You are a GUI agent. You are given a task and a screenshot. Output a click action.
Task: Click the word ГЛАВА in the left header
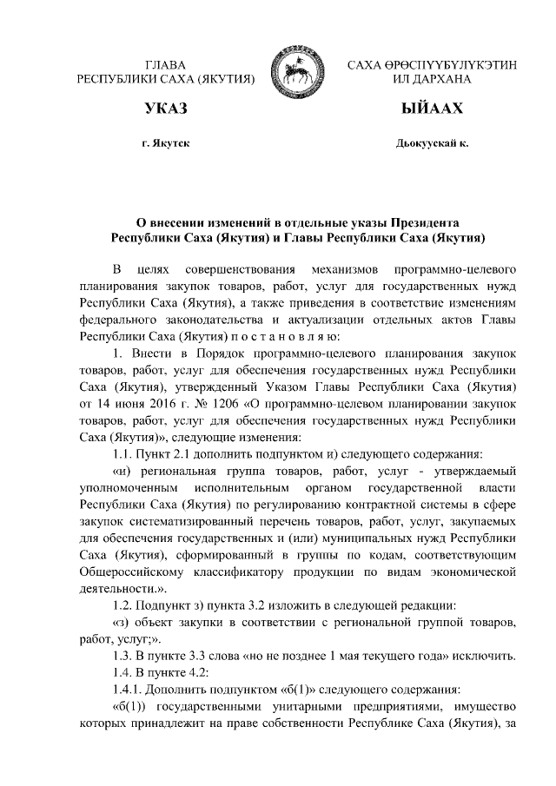tap(165, 65)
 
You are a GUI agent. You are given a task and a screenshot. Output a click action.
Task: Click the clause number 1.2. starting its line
tap(127, 604)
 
